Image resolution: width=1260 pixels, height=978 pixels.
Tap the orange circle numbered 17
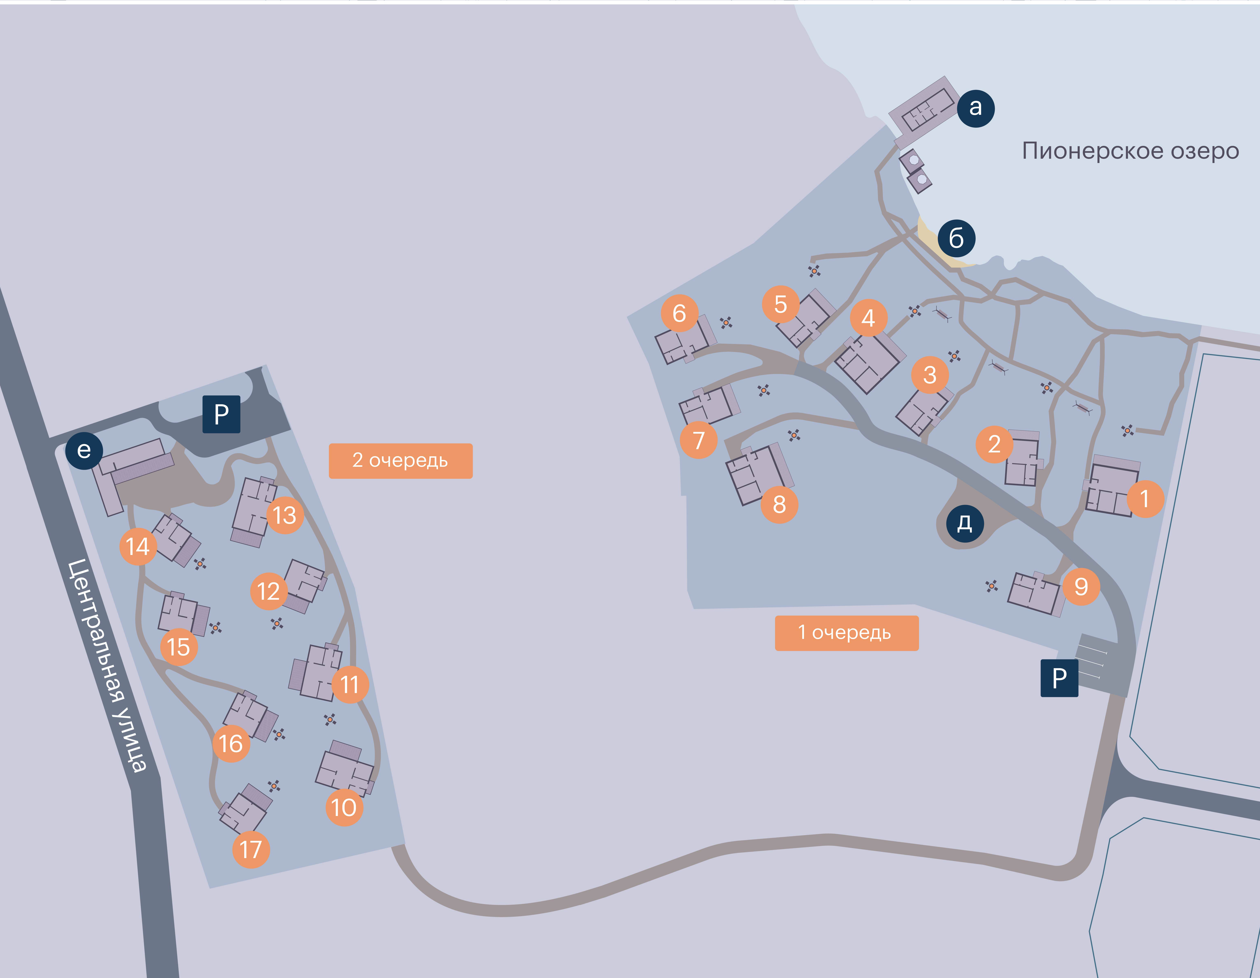(251, 849)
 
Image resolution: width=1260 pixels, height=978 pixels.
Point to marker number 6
(680, 313)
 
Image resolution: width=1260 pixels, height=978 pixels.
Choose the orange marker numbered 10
(344, 807)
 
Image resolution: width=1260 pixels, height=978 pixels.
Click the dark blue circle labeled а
(976, 108)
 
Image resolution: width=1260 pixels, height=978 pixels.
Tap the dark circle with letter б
(957, 238)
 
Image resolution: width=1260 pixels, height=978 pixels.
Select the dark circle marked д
(965, 523)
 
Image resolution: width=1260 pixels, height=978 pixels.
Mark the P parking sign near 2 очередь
(221, 414)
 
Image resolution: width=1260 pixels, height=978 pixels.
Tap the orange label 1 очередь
(846, 633)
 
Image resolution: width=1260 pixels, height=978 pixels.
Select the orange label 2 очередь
(400, 461)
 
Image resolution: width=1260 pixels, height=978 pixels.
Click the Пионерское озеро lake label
(1130, 151)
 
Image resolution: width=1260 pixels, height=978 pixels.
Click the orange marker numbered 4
(869, 318)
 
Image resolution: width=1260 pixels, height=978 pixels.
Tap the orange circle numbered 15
(179, 647)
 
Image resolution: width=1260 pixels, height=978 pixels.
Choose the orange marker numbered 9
(1081, 586)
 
